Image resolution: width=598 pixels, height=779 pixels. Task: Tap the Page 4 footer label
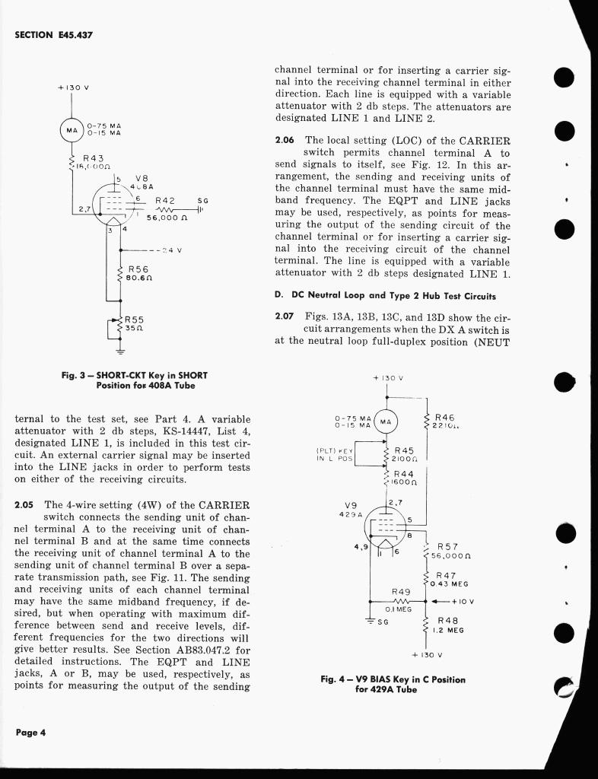pos(30,733)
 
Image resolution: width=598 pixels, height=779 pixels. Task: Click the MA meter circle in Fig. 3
pos(72,130)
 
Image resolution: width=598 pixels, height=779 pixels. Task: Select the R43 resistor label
pos(90,157)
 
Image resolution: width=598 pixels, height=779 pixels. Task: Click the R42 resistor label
pos(165,201)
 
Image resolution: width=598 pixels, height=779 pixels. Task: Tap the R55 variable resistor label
pos(135,320)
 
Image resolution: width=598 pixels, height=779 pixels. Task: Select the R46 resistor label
pos(445,418)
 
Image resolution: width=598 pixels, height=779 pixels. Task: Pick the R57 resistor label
pos(447,546)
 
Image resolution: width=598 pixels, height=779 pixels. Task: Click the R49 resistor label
pos(401,591)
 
